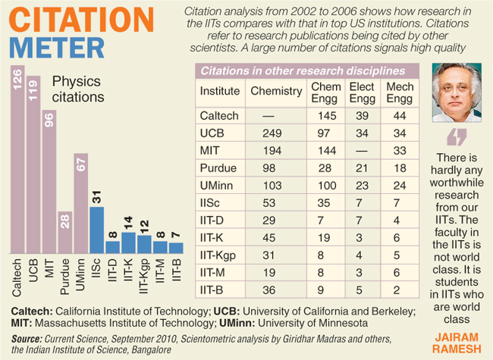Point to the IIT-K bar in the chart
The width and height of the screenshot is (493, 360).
click(x=128, y=243)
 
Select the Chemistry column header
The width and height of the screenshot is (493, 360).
click(x=276, y=91)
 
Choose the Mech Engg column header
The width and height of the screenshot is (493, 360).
click(x=400, y=92)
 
